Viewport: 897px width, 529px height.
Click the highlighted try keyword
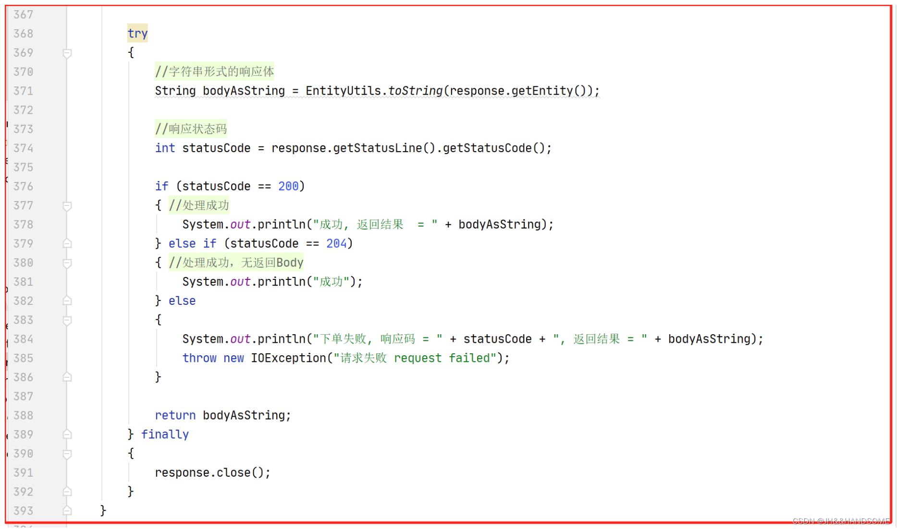click(x=137, y=34)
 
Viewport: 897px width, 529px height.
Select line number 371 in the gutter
click(x=23, y=91)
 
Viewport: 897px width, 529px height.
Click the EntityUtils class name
click(x=343, y=91)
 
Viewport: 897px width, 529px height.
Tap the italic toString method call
click(x=415, y=91)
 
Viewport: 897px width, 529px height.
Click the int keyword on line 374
click(x=165, y=148)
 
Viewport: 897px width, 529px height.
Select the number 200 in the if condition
click(x=288, y=186)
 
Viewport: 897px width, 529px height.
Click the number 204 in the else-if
click(x=336, y=243)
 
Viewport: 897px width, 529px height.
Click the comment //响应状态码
click(x=191, y=129)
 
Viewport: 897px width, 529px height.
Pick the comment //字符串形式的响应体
click(x=214, y=72)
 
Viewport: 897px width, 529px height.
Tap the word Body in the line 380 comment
click(x=290, y=263)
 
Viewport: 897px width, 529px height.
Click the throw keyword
click(x=199, y=358)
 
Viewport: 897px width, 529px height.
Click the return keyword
click(x=175, y=415)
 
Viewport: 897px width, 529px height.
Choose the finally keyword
click(x=165, y=434)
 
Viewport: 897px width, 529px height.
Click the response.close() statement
click(x=212, y=472)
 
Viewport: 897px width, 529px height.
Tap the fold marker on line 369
click(x=67, y=53)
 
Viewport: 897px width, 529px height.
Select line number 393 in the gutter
click(x=23, y=511)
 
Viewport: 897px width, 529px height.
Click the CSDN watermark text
click(x=841, y=521)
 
